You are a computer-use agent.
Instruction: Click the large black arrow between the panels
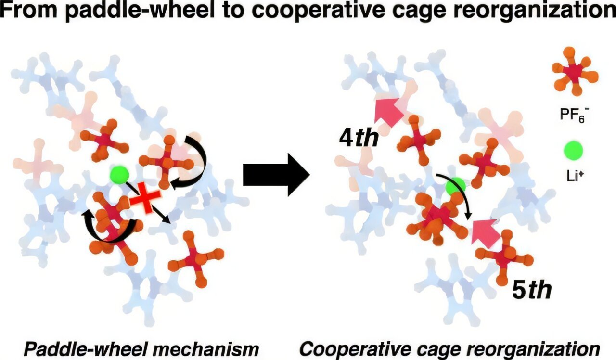click(276, 175)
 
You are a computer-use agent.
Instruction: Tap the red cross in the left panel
click(145, 199)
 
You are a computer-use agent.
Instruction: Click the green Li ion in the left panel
click(119, 174)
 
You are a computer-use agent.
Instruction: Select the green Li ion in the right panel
click(456, 186)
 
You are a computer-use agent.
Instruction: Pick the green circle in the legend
click(573, 151)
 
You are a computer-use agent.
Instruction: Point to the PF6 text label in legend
click(572, 115)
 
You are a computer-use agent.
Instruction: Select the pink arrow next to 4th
click(388, 111)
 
